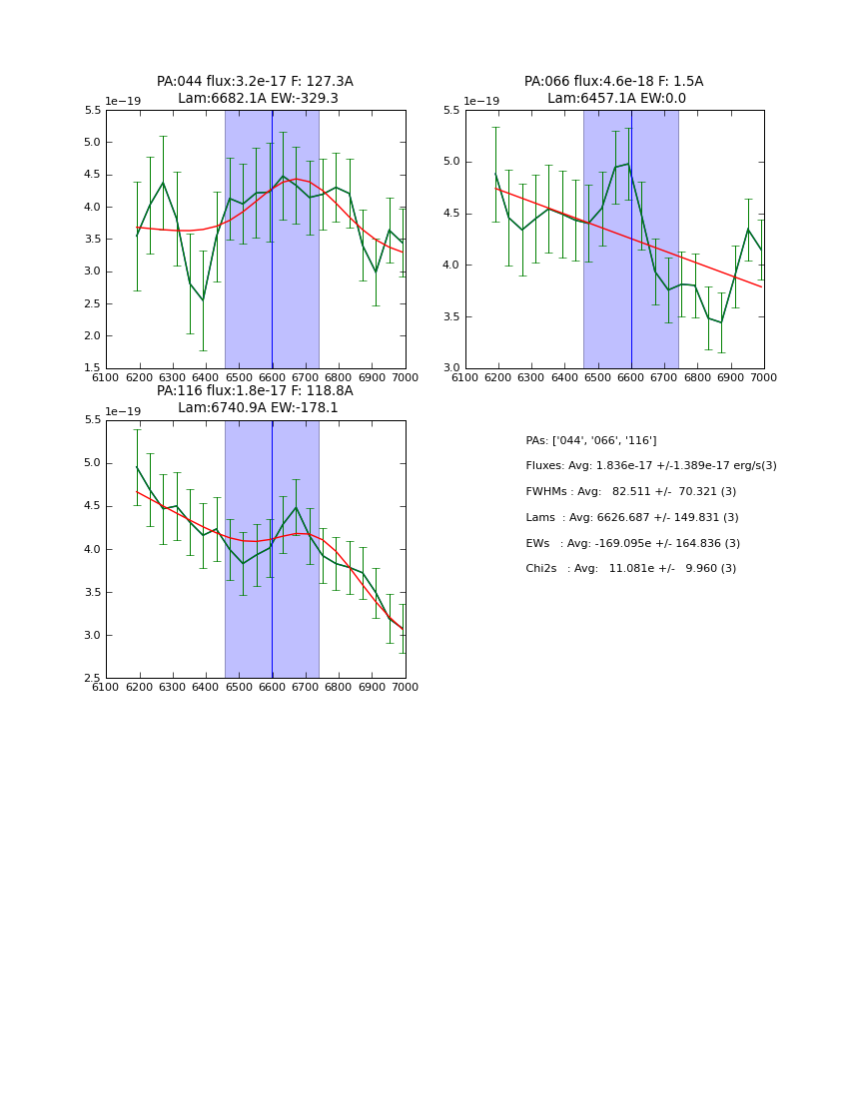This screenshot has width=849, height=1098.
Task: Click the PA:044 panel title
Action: [255, 82]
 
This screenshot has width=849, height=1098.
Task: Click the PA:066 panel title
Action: [613, 82]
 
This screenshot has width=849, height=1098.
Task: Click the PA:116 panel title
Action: [255, 391]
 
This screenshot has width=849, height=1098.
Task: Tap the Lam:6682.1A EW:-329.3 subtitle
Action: [258, 99]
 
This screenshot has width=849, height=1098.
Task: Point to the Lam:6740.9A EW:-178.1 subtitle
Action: [258, 408]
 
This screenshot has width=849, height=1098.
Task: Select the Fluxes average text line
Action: [650, 466]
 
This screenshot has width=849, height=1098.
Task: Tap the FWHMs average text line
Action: [630, 492]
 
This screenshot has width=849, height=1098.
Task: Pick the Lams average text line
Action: [631, 518]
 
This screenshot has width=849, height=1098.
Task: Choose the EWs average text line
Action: [632, 544]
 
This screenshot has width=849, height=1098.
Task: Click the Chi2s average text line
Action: [630, 569]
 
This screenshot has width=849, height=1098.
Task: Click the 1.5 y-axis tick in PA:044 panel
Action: [91, 368]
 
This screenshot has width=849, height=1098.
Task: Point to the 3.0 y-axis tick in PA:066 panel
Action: [449, 368]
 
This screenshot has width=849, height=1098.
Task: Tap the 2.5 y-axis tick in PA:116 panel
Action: [91, 679]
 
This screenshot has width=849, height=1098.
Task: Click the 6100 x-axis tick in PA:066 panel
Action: [465, 377]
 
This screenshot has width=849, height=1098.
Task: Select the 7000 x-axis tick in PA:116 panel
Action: [405, 688]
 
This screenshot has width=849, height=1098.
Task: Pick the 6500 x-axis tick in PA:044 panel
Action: [239, 377]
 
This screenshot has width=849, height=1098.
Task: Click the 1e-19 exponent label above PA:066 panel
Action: [481, 102]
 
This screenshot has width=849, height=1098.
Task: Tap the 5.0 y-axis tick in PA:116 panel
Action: [91, 463]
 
